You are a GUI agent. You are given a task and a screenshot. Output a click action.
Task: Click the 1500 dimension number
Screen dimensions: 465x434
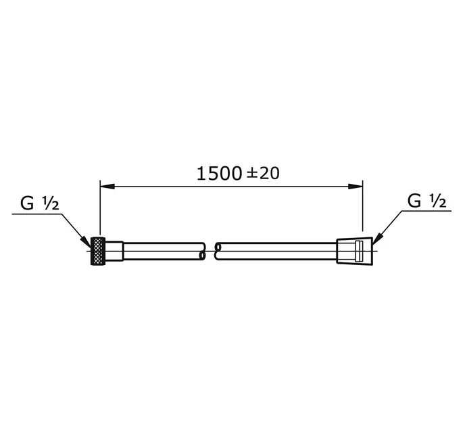[219, 174]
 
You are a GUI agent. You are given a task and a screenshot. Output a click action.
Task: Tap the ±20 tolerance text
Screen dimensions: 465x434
[263, 173]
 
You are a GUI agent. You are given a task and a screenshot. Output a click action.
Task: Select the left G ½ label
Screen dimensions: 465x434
[40, 203]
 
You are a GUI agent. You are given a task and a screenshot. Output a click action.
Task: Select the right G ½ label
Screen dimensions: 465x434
[426, 201]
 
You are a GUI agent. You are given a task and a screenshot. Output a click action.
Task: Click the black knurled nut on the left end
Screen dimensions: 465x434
[98, 251]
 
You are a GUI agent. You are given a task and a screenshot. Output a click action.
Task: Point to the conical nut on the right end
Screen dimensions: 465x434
[354, 251]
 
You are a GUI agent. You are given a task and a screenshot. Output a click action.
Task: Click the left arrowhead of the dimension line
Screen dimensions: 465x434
[107, 187]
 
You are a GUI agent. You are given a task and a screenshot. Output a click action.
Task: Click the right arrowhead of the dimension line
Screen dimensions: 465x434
[356, 187]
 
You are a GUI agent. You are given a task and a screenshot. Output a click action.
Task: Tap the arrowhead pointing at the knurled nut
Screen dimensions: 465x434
[87, 242]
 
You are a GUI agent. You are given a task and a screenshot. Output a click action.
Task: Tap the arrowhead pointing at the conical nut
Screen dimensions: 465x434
[376, 239]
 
